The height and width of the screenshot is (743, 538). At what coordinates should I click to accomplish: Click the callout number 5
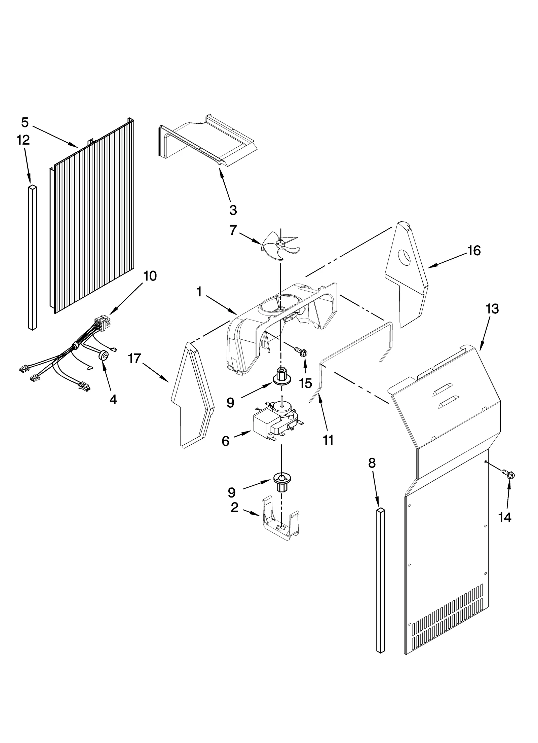pyautogui.click(x=25, y=122)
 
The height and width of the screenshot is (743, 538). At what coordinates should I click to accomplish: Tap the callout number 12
pyautogui.click(x=23, y=140)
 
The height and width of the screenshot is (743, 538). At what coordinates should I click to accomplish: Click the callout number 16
pyautogui.click(x=474, y=251)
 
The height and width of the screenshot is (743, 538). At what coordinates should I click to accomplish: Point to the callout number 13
pyautogui.click(x=492, y=309)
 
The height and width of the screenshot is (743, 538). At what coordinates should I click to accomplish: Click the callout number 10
pyautogui.click(x=150, y=276)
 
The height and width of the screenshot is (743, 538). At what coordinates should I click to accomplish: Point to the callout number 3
pyautogui.click(x=233, y=210)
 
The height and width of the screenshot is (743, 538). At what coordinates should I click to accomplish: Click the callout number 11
pyautogui.click(x=328, y=439)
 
